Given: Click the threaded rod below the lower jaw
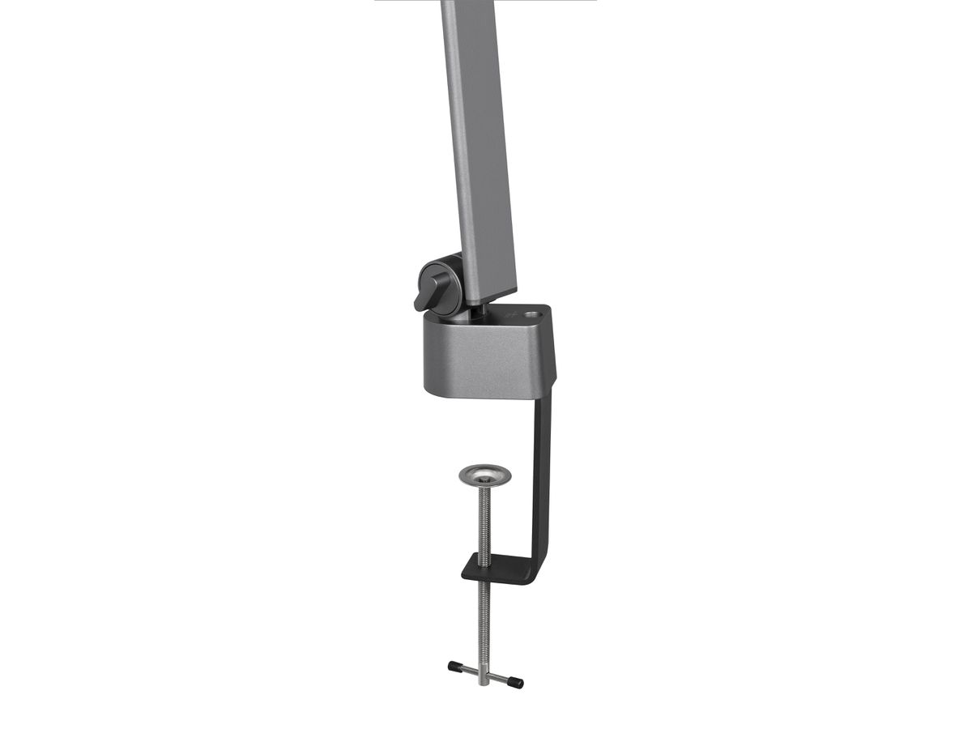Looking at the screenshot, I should click(x=484, y=624).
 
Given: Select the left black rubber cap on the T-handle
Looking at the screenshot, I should click(x=454, y=667).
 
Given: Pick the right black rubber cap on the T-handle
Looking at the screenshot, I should click(x=515, y=683).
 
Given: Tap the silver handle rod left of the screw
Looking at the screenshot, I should click(x=468, y=671).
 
